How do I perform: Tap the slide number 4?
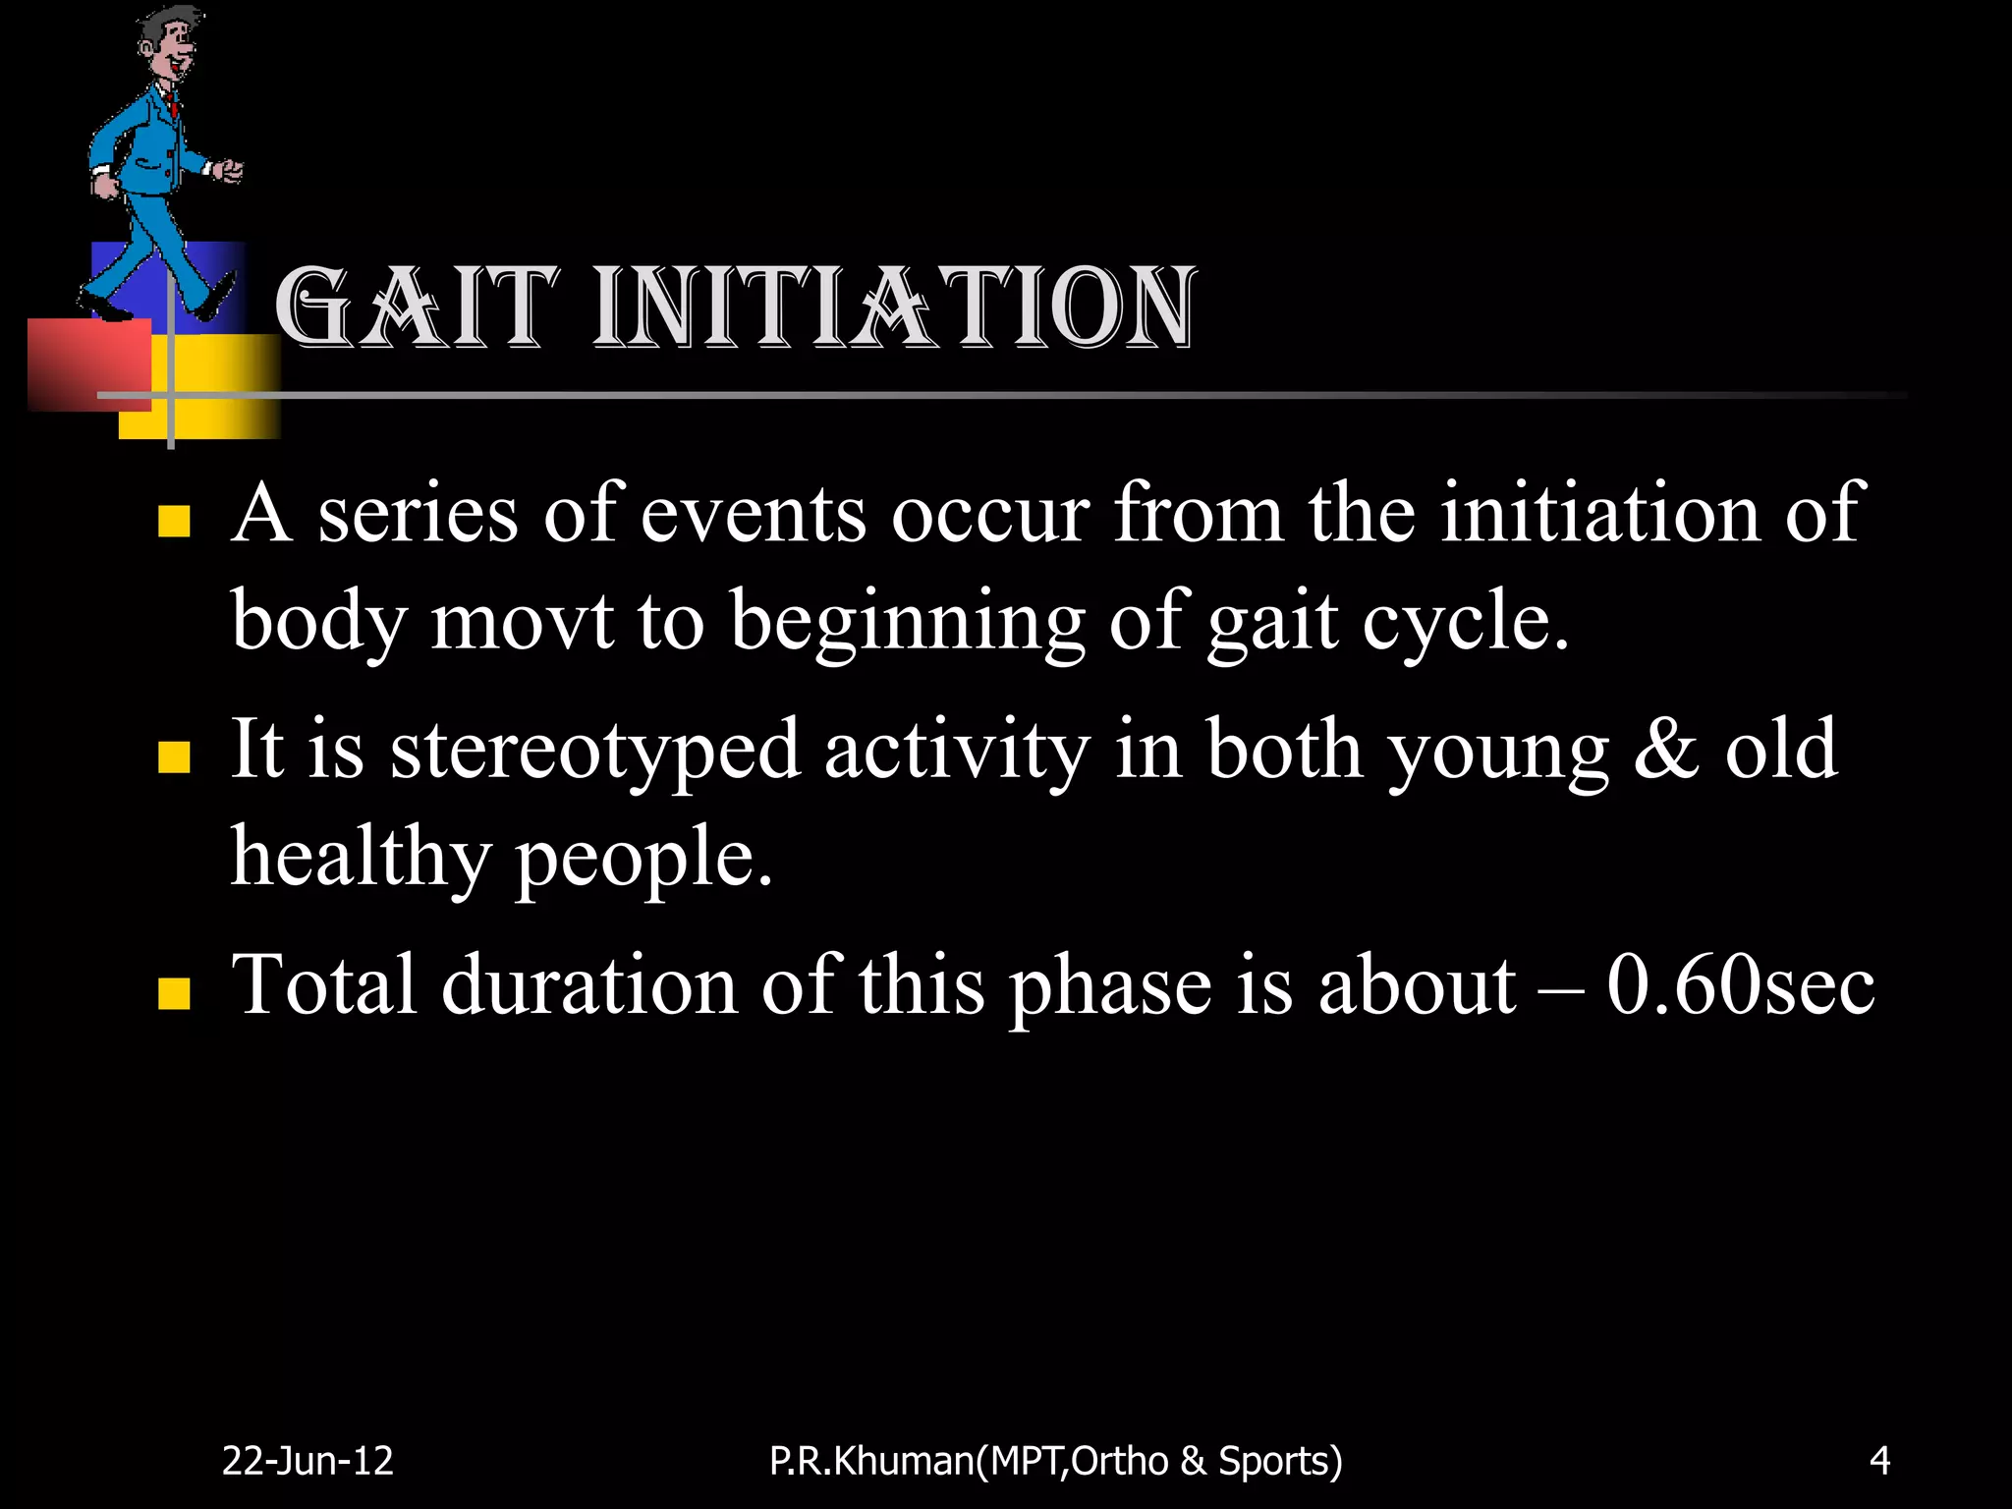pos(1879,1461)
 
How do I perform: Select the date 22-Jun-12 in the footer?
pos(307,1461)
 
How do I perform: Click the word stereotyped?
pos(595,751)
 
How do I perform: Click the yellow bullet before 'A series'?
pos(174,522)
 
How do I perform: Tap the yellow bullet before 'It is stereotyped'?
pos(174,757)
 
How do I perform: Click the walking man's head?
pos(166,44)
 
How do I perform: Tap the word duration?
pos(588,985)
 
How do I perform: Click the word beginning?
pos(908,623)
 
